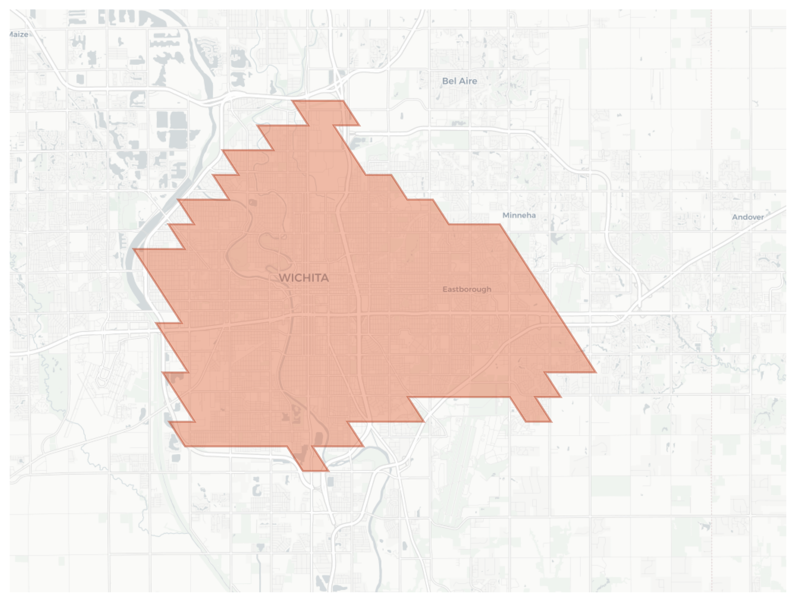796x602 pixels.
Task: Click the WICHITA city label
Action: point(304,278)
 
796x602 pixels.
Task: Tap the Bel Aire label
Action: point(459,81)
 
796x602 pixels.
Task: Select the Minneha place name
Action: point(519,215)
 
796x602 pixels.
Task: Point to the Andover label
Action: point(748,217)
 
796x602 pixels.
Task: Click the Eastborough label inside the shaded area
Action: point(467,289)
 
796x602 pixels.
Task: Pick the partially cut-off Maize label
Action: point(18,35)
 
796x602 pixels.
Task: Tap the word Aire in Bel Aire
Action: point(467,81)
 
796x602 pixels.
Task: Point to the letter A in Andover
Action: point(735,217)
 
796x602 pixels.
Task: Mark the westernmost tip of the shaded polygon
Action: point(134,249)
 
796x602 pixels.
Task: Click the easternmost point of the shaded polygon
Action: point(596,372)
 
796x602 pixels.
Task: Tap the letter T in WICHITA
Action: point(318,278)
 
